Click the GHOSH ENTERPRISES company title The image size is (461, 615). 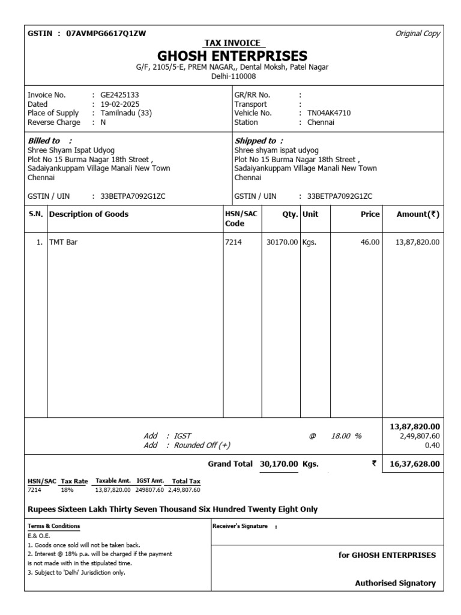tap(232, 56)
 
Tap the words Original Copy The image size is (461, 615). tap(418, 34)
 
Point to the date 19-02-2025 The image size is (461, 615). tap(120, 104)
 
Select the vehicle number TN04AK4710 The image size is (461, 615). tap(329, 113)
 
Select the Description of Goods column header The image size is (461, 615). tap(89, 214)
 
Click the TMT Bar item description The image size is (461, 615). tap(63, 242)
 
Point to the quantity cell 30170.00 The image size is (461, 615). tap(282, 242)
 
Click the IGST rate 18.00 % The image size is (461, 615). tap(346, 436)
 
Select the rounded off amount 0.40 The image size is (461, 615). tap(432, 445)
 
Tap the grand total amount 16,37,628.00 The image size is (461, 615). tap(415, 464)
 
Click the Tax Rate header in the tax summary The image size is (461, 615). tap(74, 481)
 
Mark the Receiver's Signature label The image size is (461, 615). tap(240, 526)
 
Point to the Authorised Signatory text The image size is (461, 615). tap(396, 583)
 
